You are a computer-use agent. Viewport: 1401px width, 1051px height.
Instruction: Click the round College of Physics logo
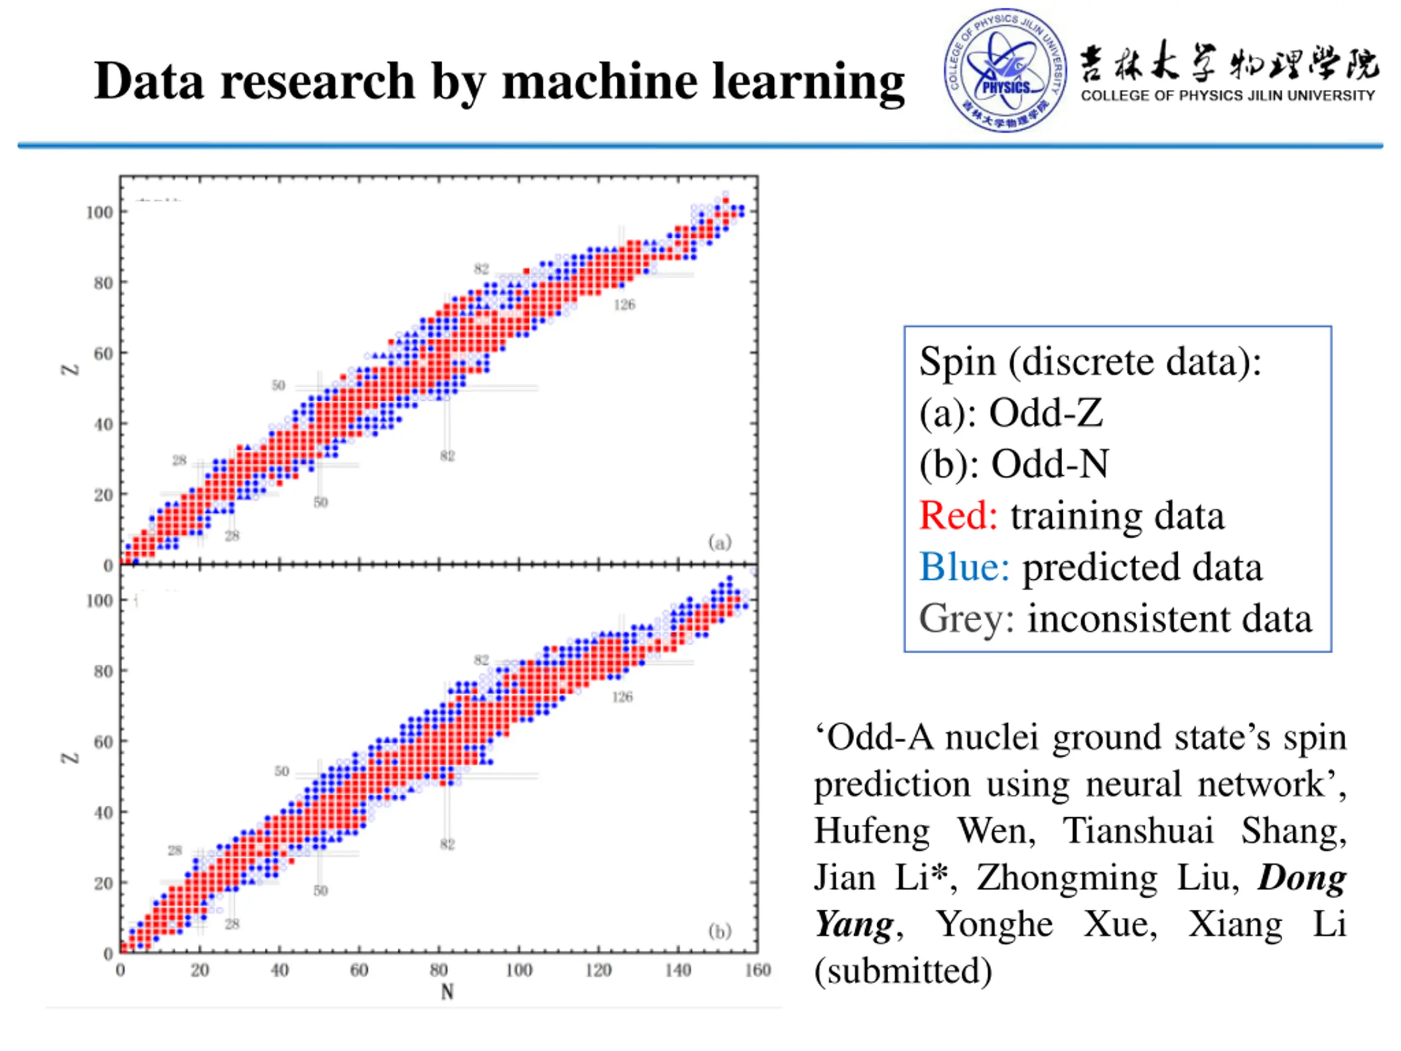click(1005, 70)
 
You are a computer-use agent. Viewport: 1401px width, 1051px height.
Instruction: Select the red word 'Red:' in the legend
click(958, 515)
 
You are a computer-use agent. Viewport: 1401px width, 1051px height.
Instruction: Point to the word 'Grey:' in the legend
click(966, 619)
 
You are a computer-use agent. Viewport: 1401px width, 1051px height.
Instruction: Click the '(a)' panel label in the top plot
click(720, 542)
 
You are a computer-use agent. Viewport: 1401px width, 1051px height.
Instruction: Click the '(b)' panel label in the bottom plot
click(720, 931)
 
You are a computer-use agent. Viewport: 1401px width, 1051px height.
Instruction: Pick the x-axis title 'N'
click(447, 991)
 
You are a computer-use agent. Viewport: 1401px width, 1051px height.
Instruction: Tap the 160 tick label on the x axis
click(757, 970)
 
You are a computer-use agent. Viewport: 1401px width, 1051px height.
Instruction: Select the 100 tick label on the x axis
click(519, 970)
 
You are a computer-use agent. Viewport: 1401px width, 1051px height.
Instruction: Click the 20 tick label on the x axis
click(200, 970)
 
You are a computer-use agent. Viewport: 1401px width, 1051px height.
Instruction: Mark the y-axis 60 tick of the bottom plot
click(103, 742)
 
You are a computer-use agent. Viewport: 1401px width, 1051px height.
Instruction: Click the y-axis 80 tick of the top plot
click(103, 283)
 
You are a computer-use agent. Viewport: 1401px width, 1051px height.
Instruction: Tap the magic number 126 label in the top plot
click(624, 305)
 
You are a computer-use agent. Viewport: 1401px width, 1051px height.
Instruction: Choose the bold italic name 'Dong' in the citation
click(1302, 877)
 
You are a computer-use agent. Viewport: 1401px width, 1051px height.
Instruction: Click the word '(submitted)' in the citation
click(903, 971)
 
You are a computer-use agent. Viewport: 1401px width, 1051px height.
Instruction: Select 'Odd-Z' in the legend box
click(1046, 413)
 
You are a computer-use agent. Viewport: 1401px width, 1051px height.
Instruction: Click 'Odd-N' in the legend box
click(1050, 464)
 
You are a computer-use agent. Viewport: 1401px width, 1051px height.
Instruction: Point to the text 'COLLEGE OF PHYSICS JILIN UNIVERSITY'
click(1228, 96)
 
